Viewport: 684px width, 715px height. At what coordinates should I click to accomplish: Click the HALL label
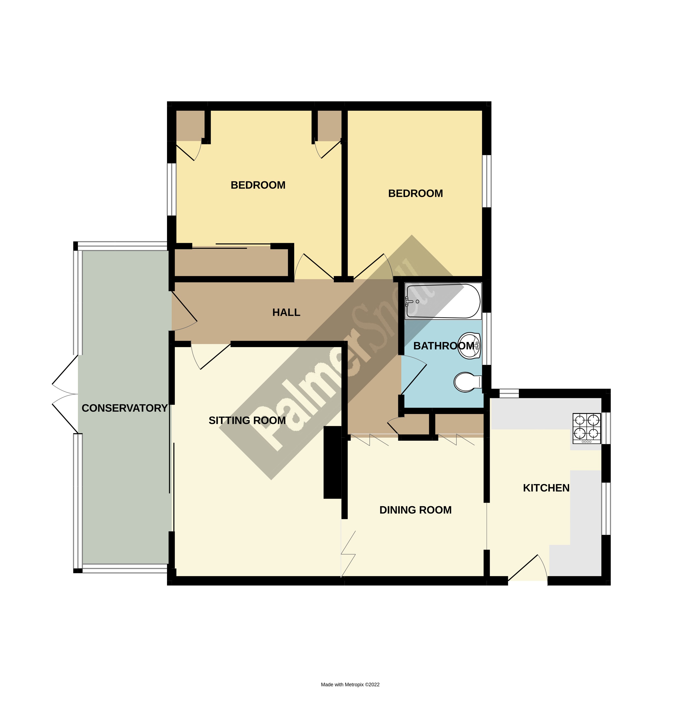286,312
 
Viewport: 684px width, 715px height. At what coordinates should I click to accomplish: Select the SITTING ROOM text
247,420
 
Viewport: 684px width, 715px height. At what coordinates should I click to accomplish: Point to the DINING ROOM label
415,510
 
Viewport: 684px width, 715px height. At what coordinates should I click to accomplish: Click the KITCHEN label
546,488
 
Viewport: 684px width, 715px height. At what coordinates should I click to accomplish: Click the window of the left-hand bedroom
172,189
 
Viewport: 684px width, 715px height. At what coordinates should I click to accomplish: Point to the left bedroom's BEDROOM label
258,185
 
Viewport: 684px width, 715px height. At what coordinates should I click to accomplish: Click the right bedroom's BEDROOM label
415,193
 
